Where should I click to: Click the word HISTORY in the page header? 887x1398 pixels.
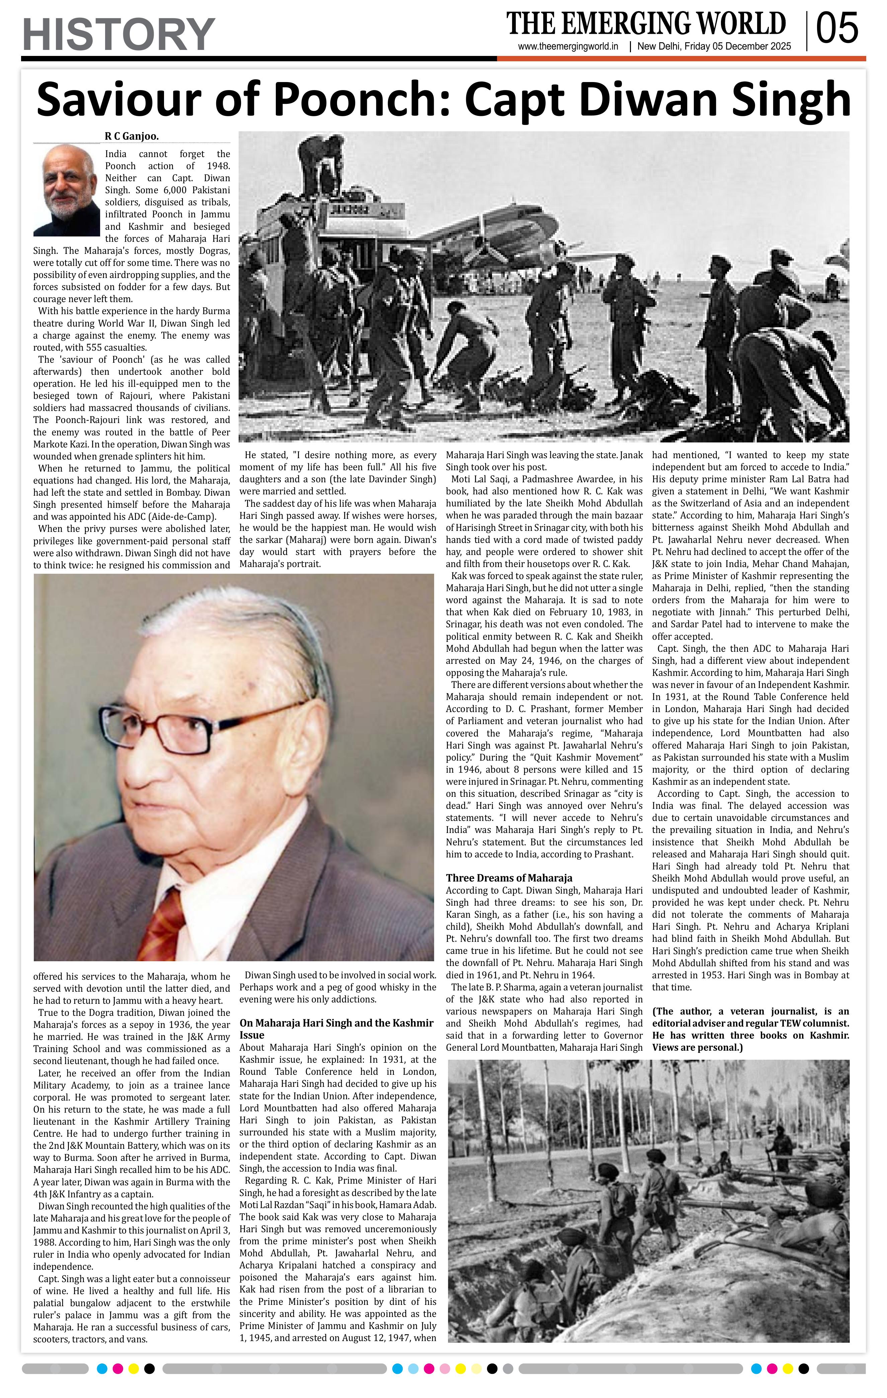pyautogui.click(x=118, y=35)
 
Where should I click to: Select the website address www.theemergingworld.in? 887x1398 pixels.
pyautogui.click(x=568, y=47)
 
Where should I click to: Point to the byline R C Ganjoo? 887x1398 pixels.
pyautogui.click(x=131, y=136)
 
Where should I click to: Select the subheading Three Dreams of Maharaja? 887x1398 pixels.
pyautogui.click(x=509, y=878)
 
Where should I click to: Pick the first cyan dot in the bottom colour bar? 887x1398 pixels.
pyautogui.click(x=102, y=1369)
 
